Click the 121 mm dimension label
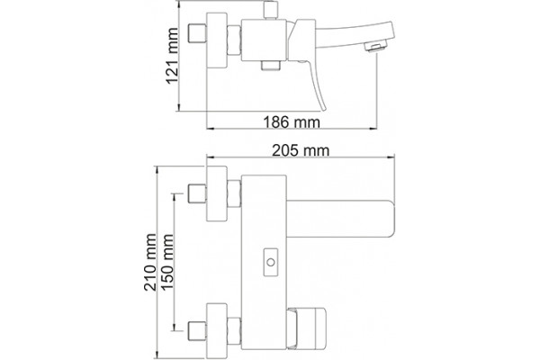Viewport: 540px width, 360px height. click(x=172, y=56)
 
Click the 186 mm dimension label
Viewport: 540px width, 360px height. click(x=292, y=122)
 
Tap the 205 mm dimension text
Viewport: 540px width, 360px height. click(x=301, y=150)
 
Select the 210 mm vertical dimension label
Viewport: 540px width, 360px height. click(x=150, y=262)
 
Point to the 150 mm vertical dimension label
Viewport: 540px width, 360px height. click(x=167, y=262)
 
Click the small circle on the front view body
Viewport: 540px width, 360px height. click(x=271, y=263)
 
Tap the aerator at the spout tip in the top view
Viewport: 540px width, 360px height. click(x=377, y=46)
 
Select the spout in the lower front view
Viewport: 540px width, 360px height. click(x=340, y=219)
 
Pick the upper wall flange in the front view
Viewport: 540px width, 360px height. click(x=217, y=193)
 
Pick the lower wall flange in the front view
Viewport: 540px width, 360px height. click(x=217, y=330)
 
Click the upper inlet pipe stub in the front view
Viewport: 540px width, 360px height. click(x=197, y=193)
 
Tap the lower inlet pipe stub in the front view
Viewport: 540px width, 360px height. click(x=197, y=330)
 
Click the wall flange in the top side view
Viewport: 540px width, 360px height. click(x=217, y=40)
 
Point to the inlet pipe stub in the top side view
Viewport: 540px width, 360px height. click(x=197, y=34)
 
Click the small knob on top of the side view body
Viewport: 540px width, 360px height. click(x=271, y=10)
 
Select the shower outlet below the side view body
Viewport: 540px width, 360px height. click(x=271, y=66)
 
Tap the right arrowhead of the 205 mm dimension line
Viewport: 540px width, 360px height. click(x=391, y=157)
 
